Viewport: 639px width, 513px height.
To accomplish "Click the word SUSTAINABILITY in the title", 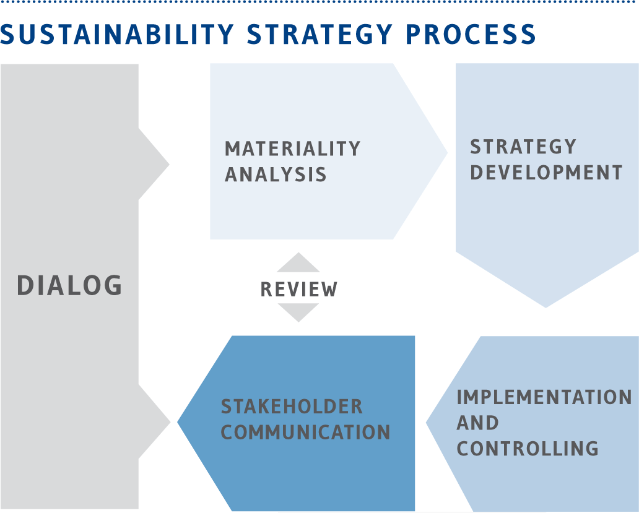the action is [118, 34].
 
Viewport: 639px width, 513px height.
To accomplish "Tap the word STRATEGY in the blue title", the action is [320, 34].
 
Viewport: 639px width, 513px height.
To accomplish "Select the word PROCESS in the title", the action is [471, 34].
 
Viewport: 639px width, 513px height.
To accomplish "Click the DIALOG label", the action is [69, 285].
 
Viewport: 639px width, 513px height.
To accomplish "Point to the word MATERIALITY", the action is [293, 149].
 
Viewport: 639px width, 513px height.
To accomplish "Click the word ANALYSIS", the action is [276, 175].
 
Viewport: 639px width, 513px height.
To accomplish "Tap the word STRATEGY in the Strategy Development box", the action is [523, 147].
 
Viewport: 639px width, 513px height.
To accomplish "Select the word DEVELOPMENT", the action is [546, 173].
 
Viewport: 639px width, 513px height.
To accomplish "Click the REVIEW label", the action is [298, 290].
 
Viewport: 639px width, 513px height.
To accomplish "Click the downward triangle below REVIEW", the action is [298, 312].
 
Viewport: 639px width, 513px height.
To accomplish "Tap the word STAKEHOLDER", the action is [292, 407].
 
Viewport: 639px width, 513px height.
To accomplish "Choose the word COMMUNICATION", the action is [306, 433].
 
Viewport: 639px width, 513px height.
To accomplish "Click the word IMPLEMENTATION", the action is [544, 397].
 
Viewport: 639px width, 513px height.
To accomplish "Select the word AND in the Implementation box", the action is [477, 423].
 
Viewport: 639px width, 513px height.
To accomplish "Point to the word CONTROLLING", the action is [528, 449].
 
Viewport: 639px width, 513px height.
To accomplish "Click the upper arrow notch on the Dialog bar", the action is [154, 164].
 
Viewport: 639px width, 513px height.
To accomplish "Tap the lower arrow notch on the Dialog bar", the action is [154, 421].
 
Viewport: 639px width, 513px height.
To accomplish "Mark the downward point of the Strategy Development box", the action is [546, 308].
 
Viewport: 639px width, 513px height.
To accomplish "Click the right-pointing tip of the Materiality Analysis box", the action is [448, 153].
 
